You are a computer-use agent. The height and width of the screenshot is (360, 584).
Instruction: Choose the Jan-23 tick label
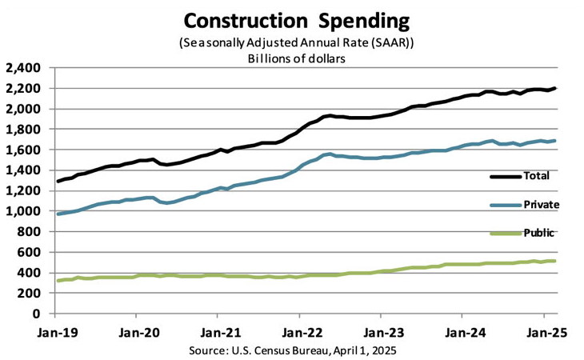(x=382, y=330)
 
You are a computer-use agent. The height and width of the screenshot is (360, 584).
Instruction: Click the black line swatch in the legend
(x=503, y=175)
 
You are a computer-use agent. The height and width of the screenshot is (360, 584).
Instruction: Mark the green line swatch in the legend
(x=503, y=233)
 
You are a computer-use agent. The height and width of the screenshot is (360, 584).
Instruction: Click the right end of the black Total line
(x=555, y=88)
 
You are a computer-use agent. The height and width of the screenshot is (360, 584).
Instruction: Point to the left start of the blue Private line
(x=58, y=214)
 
